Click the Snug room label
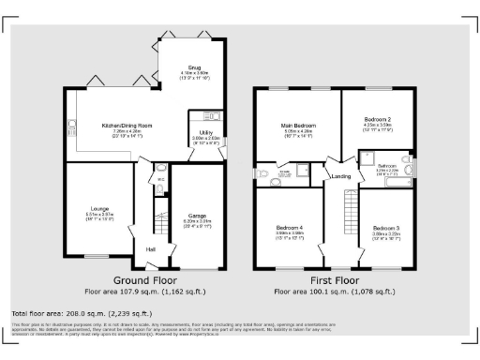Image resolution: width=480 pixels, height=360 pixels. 194,68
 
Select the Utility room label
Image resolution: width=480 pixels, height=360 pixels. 204,133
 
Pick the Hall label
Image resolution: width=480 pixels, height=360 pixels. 150,248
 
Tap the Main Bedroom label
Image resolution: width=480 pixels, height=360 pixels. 296,124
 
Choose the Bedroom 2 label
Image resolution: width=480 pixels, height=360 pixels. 378,121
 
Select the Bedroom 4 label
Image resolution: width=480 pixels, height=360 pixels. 289,228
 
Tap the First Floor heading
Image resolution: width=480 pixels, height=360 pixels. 335,280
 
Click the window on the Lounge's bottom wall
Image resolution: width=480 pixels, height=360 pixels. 97,255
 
